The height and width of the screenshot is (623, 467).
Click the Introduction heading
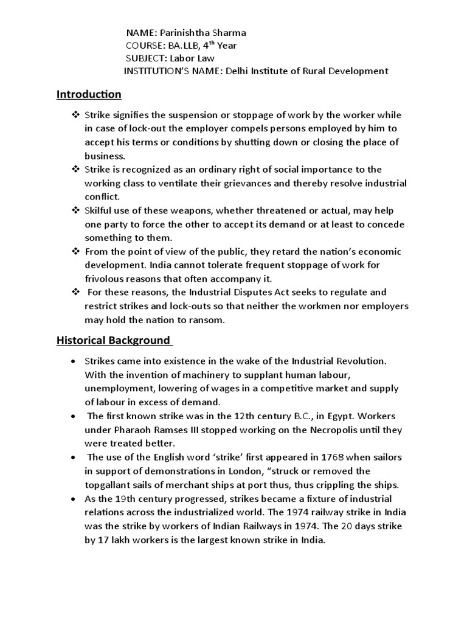[89, 94]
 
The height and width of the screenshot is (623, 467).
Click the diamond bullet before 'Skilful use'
[76, 211]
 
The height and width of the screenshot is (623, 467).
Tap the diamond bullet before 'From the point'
[76, 252]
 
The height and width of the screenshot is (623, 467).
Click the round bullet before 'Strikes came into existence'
[74, 361]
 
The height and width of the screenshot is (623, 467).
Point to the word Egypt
[328, 416]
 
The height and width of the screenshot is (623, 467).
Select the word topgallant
[111, 485]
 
